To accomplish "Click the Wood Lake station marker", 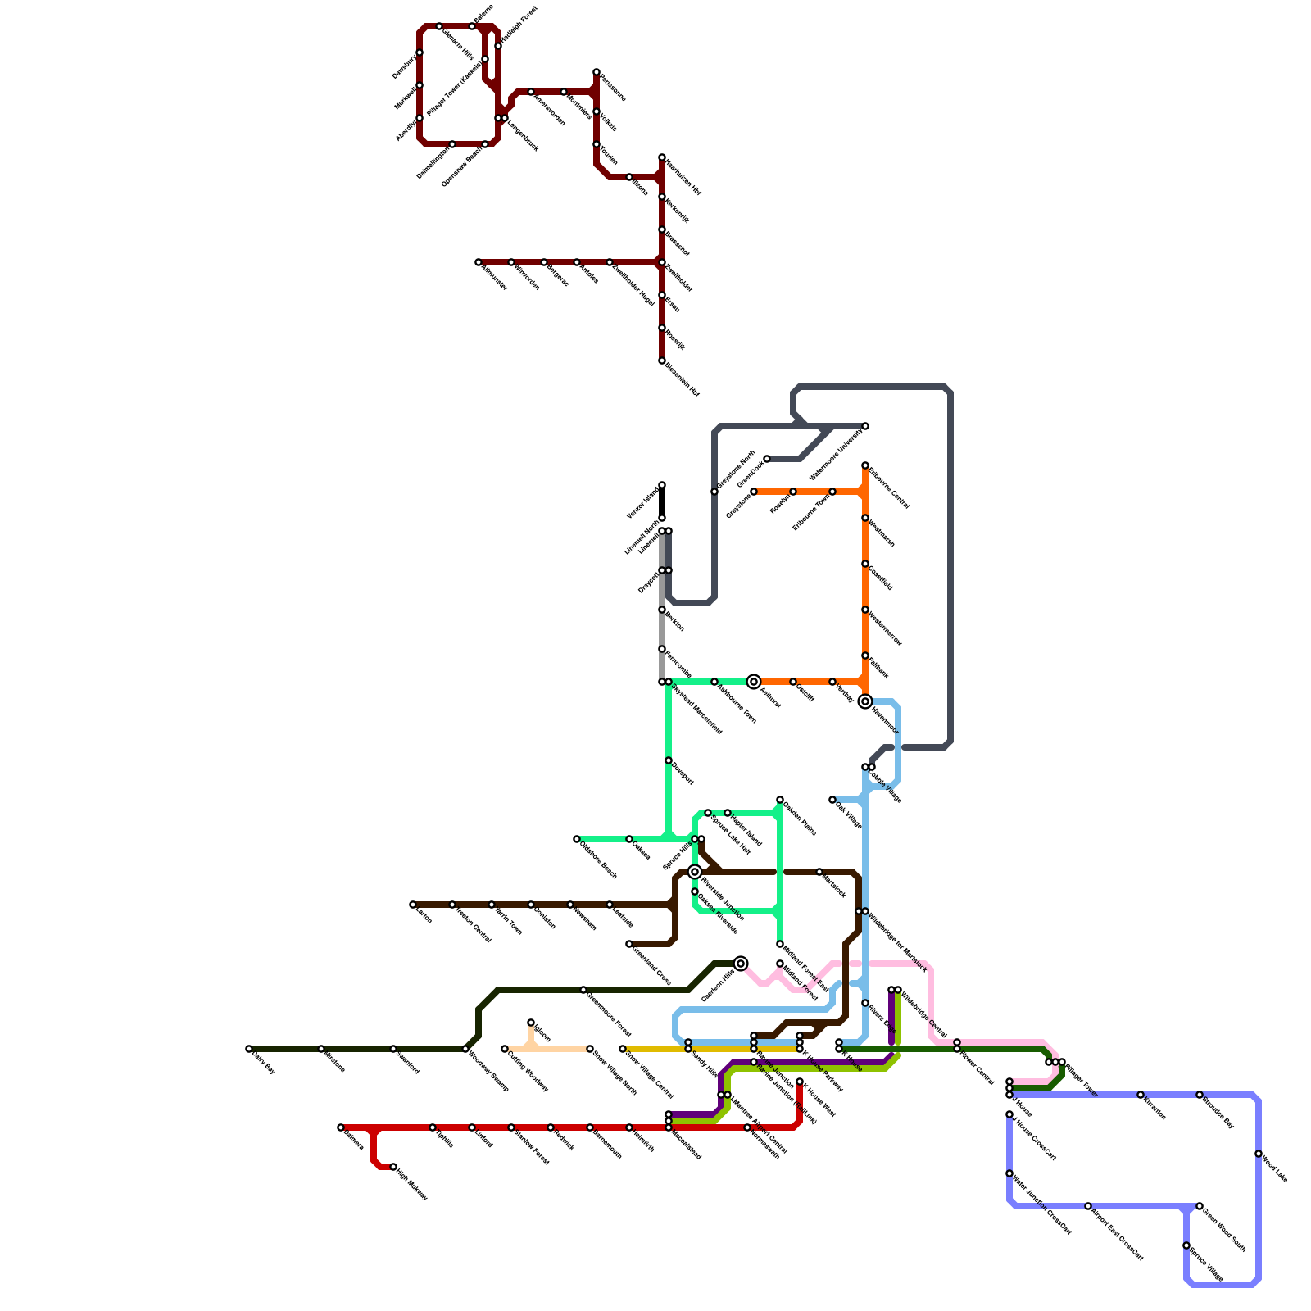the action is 1259,1154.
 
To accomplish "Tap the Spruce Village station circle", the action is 1186,1245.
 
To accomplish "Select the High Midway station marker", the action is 393,1167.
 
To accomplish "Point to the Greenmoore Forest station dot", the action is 583,990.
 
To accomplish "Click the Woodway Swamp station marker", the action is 465,1049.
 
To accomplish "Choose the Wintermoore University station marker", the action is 865,426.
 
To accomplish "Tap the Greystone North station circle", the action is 714,492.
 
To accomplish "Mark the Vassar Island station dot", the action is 662,485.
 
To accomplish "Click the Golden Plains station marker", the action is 780,800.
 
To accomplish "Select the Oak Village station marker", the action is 832,800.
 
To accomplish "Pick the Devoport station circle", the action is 669,760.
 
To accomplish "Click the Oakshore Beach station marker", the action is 577,839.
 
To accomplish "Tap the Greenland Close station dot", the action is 629,944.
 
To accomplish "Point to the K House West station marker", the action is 800,1082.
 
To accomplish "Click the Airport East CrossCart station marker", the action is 1088,1206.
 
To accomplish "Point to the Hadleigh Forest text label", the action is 518,26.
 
